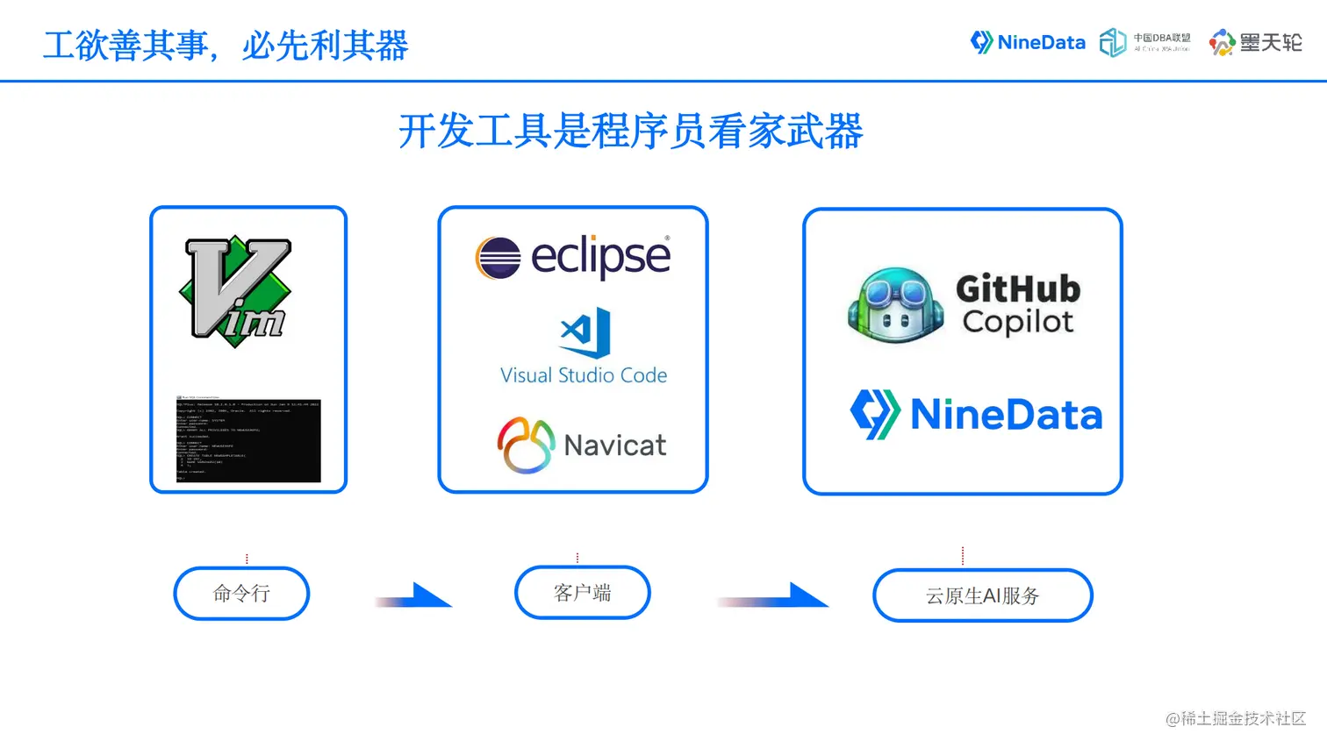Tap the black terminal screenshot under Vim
[x=248, y=439]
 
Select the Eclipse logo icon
[x=498, y=258]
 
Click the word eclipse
[x=601, y=257]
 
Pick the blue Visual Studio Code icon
[x=585, y=332]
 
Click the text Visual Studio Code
[x=584, y=375]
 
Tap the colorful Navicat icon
[x=526, y=445]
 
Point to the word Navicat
[x=615, y=445]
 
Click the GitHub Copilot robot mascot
[x=895, y=304]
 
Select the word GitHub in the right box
[x=1018, y=289]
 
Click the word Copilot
[x=1018, y=322]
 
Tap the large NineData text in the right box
[x=1007, y=415]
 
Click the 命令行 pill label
[x=241, y=594]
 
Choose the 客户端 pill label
[x=582, y=593]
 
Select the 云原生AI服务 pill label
[x=982, y=596]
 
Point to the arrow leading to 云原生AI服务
[x=776, y=596]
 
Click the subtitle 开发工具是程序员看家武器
[x=630, y=132]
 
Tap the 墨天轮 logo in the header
[x=1256, y=42]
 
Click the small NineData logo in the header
[x=1028, y=42]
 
